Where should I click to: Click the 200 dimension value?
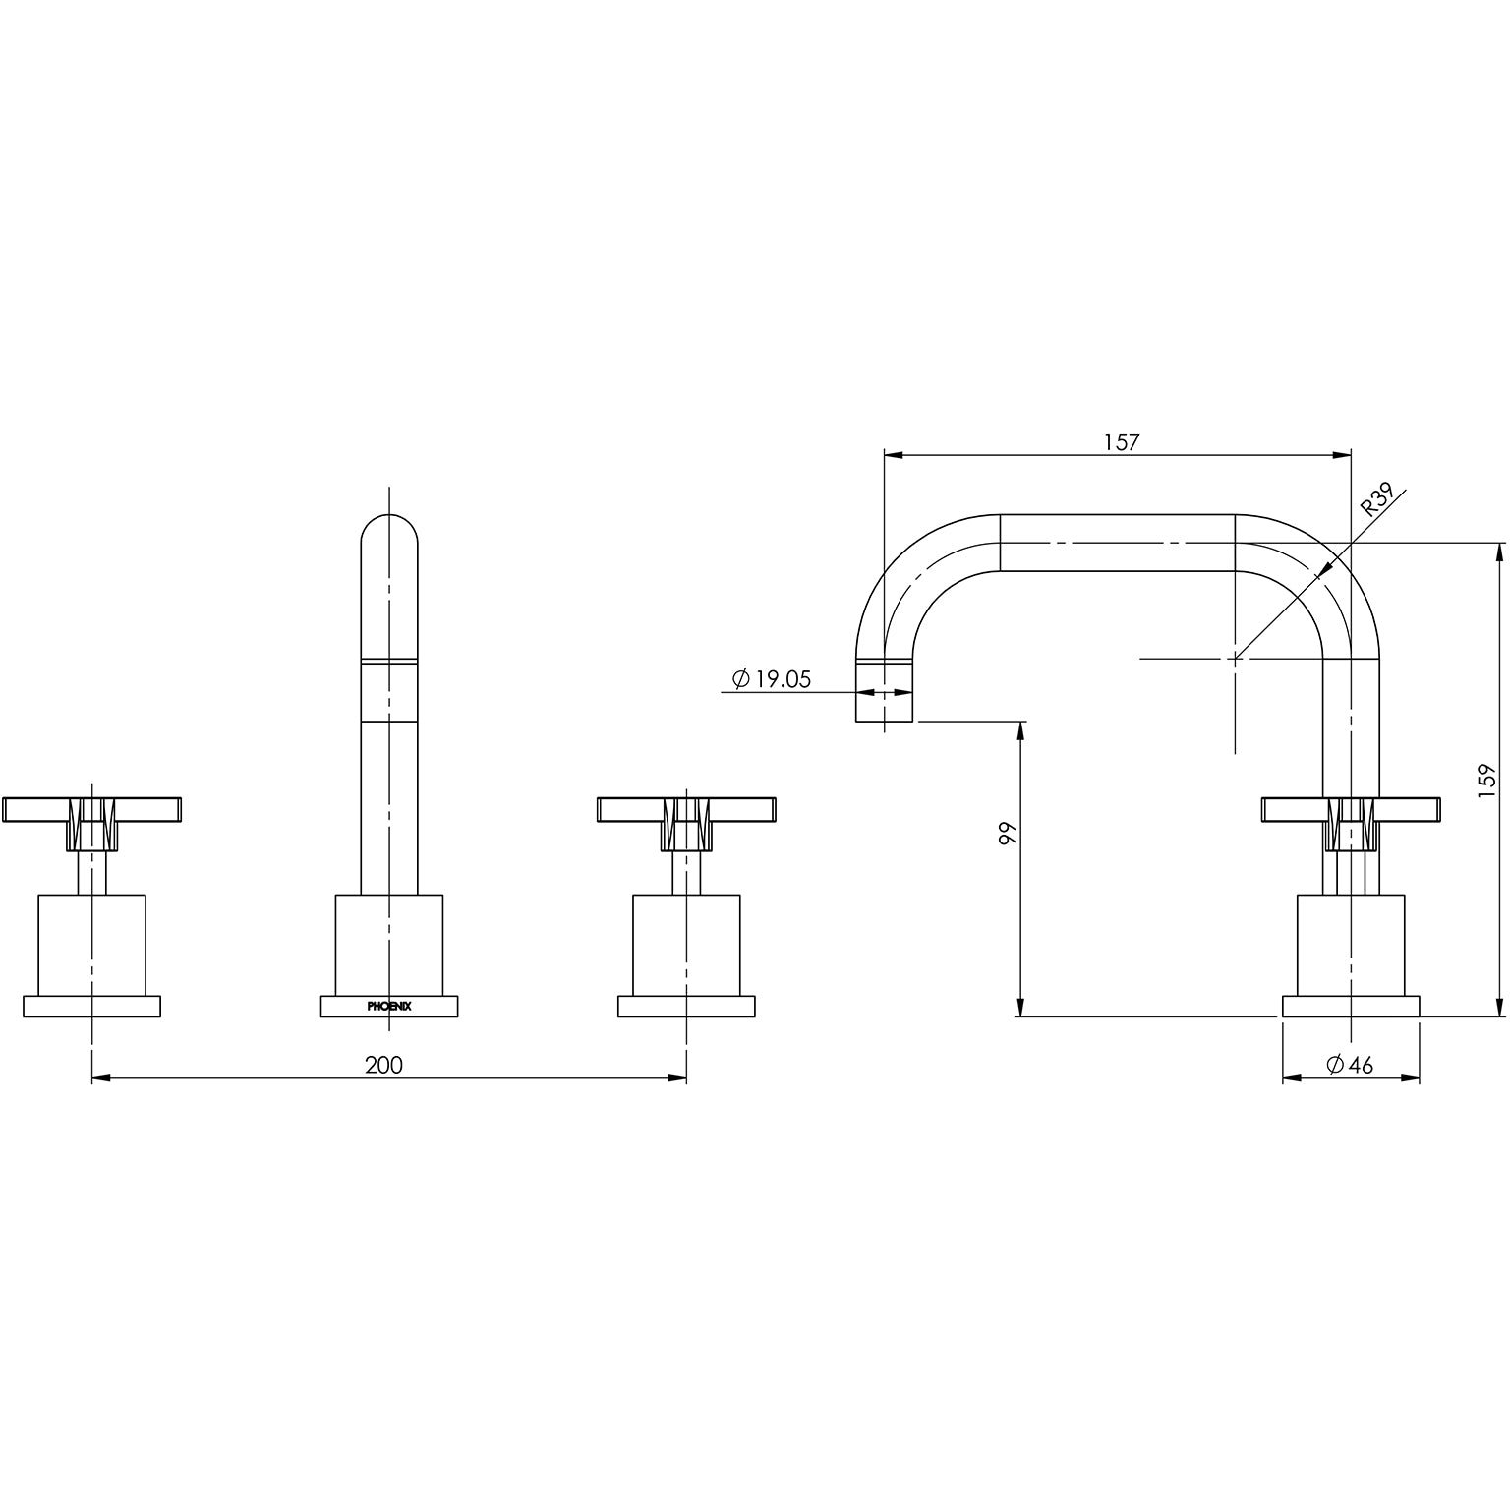[383, 1065]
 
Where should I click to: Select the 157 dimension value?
[1121, 441]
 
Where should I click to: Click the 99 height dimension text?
[1006, 835]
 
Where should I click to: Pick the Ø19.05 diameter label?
[772, 678]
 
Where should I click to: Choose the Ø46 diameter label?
[1349, 1065]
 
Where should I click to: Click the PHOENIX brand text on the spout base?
[389, 1007]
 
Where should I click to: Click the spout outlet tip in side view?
[885, 706]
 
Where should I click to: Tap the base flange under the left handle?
[91, 1007]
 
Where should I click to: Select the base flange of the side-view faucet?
[1352, 1007]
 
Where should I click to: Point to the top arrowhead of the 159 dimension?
[1500, 552]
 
